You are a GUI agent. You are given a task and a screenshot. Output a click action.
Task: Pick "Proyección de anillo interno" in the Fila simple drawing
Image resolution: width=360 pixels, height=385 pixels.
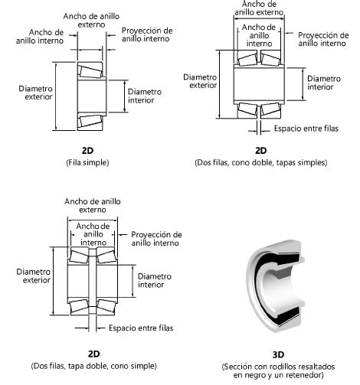tap(147, 35)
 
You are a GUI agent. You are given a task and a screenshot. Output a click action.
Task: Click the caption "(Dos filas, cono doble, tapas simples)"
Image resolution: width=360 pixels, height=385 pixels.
tap(261, 162)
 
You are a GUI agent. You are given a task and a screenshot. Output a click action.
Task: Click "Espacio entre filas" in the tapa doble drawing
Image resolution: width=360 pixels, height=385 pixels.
tap(140, 328)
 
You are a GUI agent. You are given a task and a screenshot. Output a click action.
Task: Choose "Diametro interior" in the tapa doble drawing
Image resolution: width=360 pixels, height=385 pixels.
tap(154, 280)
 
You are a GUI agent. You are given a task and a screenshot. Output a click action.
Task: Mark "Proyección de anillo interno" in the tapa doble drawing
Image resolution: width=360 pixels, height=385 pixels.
tap(156, 239)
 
